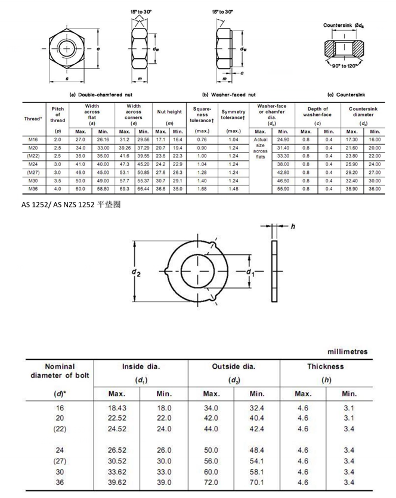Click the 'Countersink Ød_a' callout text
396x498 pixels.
(344, 25)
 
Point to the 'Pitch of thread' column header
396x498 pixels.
(58, 114)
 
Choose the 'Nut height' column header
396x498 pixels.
(169, 112)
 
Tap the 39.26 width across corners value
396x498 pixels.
(125, 148)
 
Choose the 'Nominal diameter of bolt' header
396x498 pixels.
(59, 370)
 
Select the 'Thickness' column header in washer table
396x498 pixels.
(326, 366)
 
